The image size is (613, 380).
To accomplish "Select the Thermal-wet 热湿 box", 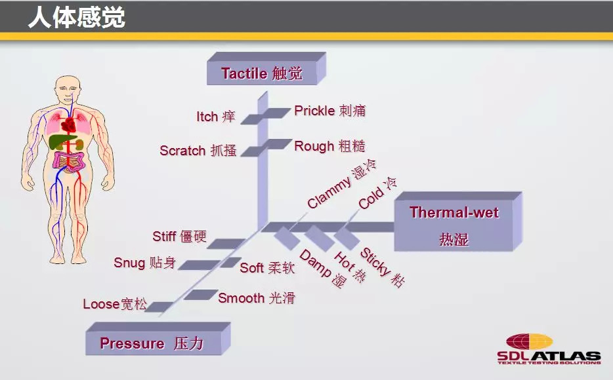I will pyautogui.click(x=454, y=225).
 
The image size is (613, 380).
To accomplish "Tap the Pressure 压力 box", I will pyautogui.click(x=152, y=343).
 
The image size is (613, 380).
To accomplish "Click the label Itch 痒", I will pyautogui.click(x=215, y=117).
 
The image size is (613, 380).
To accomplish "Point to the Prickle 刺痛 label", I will pyautogui.click(x=329, y=111).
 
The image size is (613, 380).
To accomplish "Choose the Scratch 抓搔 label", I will pyautogui.click(x=198, y=151).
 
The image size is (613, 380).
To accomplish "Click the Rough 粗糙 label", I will pyautogui.click(x=329, y=146).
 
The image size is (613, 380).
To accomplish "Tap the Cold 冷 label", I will pyautogui.click(x=378, y=193).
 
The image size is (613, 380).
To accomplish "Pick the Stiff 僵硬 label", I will pyautogui.click(x=179, y=237).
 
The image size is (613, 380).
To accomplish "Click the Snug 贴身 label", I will pyautogui.click(x=144, y=263).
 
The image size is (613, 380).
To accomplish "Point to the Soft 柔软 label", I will pyautogui.click(x=267, y=267).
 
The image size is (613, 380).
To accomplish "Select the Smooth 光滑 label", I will pyautogui.click(x=257, y=298).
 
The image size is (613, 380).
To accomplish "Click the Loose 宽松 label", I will pyautogui.click(x=115, y=304).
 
